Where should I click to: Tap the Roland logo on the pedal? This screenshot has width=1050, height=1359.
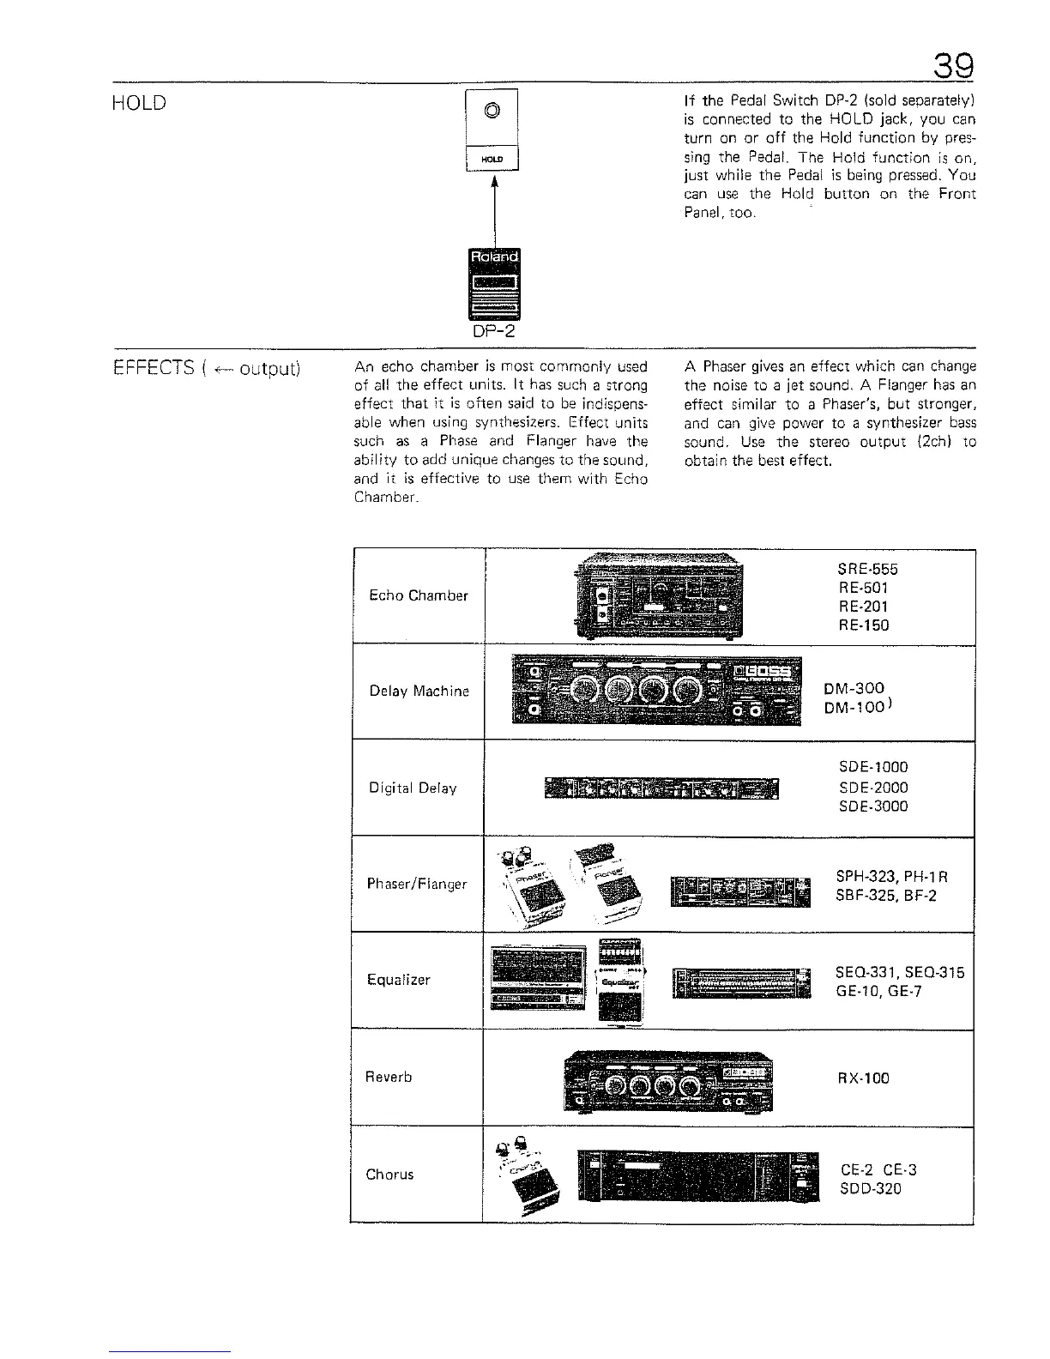493,257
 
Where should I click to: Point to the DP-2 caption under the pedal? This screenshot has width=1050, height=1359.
493,332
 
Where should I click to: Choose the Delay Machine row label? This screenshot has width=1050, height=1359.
419,692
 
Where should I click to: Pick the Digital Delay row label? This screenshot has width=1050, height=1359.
413,788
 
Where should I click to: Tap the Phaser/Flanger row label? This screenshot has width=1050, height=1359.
417,884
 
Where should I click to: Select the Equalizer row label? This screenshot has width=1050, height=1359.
398,980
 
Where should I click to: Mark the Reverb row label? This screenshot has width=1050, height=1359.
389,1077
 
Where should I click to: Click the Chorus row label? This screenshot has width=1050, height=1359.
389,1174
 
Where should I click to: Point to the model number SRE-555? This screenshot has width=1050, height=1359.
867,570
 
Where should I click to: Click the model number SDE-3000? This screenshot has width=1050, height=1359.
872,806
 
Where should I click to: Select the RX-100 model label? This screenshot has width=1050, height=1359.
863,1078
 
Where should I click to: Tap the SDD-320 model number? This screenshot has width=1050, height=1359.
871,1189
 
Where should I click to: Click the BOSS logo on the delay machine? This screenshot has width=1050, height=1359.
764,670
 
